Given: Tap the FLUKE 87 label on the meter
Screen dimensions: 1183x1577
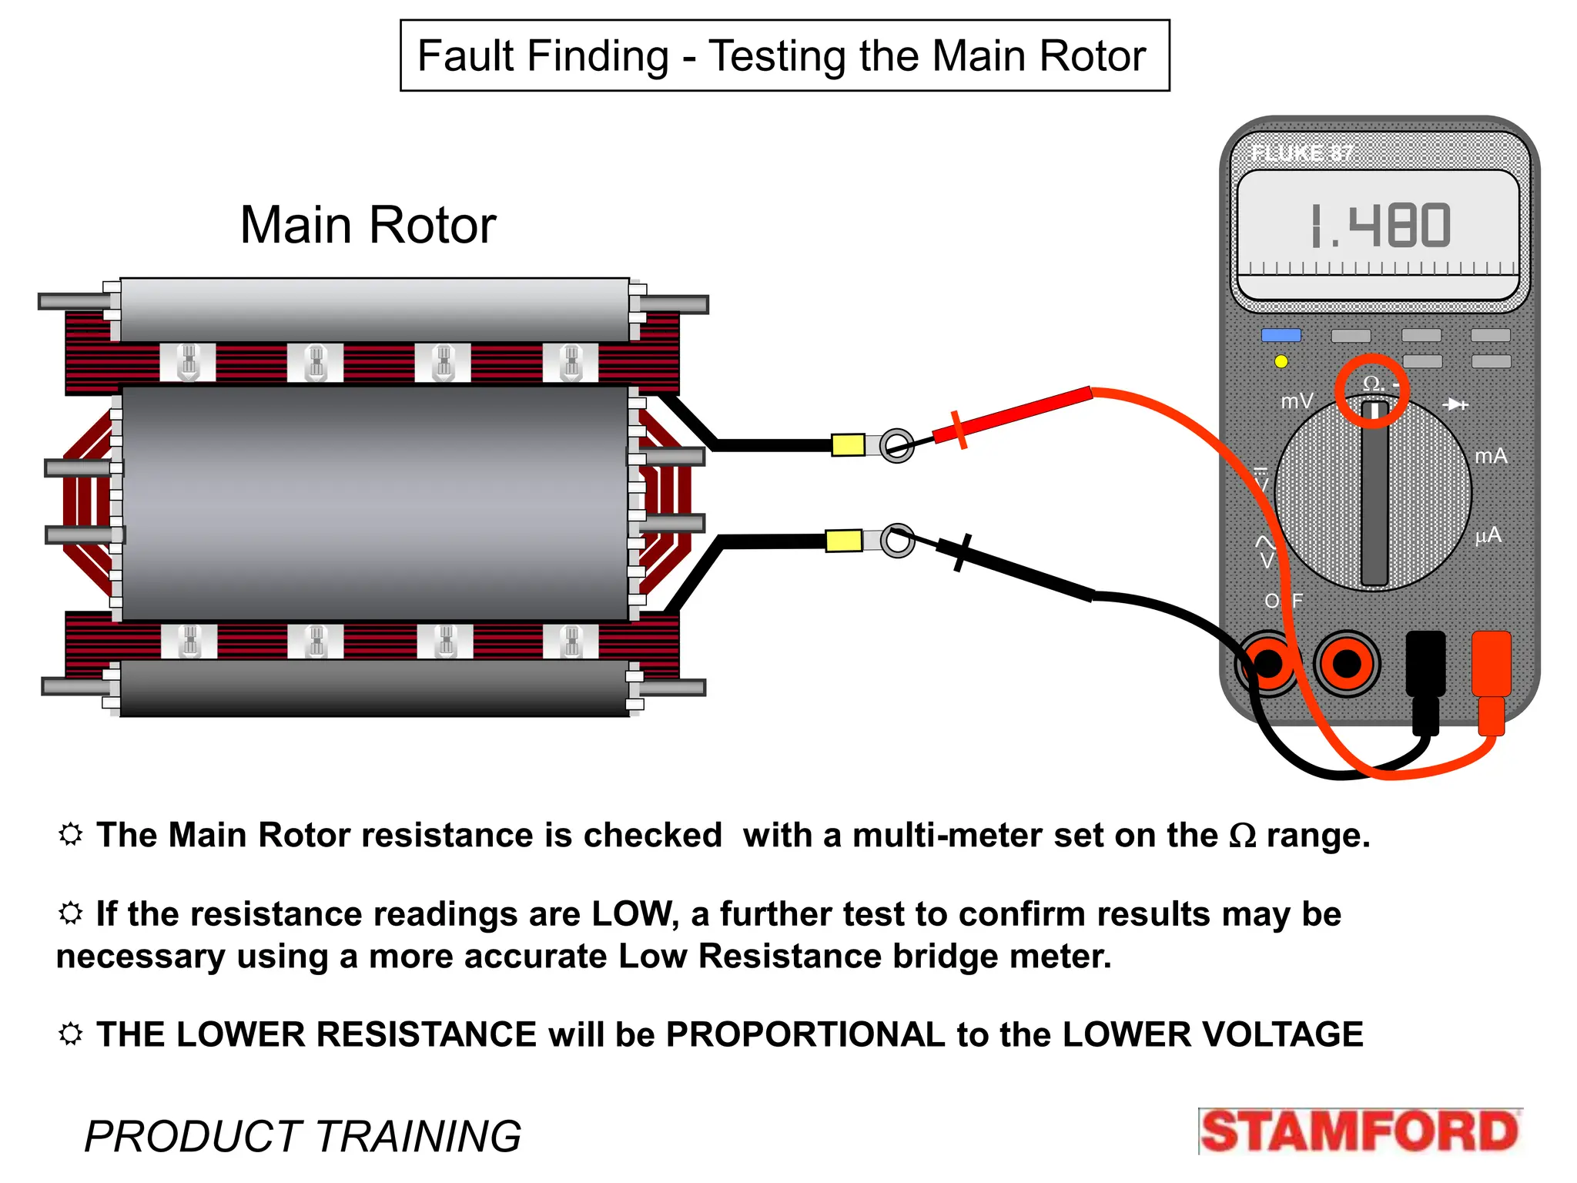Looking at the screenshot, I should point(1301,153).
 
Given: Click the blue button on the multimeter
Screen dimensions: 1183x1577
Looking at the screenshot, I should point(1281,335).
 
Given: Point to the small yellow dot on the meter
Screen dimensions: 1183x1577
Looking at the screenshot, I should point(1281,361).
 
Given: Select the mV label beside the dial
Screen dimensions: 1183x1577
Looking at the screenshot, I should point(1297,401).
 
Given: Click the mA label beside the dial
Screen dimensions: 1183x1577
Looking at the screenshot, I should point(1491,456).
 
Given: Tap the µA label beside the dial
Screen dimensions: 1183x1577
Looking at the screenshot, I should point(1488,535).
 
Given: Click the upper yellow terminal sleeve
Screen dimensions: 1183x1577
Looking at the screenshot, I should point(848,445).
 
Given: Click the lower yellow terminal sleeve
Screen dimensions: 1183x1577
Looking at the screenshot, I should point(843,540).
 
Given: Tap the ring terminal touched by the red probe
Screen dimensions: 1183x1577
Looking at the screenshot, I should point(897,445).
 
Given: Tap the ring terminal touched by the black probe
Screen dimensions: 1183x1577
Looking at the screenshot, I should point(898,541).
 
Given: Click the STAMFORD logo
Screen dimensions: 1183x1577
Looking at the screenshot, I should point(1360,1131).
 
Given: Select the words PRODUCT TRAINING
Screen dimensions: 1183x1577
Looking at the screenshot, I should point(303,1136).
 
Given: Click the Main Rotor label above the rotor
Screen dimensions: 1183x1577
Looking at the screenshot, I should point(368,225).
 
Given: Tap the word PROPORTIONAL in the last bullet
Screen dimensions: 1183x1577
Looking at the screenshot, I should point(805,1034).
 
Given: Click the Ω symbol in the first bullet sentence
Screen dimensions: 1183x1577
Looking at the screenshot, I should point(1242,836).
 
